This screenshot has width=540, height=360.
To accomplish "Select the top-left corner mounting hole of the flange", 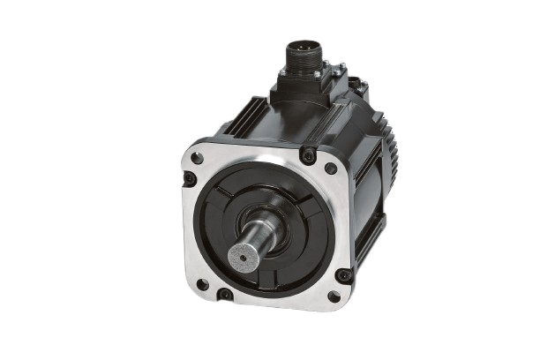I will (198, 158).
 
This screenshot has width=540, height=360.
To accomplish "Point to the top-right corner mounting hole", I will (330, 168).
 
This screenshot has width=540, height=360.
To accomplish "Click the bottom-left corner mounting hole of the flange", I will (202, 284).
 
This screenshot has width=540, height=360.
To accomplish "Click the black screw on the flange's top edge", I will (307, 155).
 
